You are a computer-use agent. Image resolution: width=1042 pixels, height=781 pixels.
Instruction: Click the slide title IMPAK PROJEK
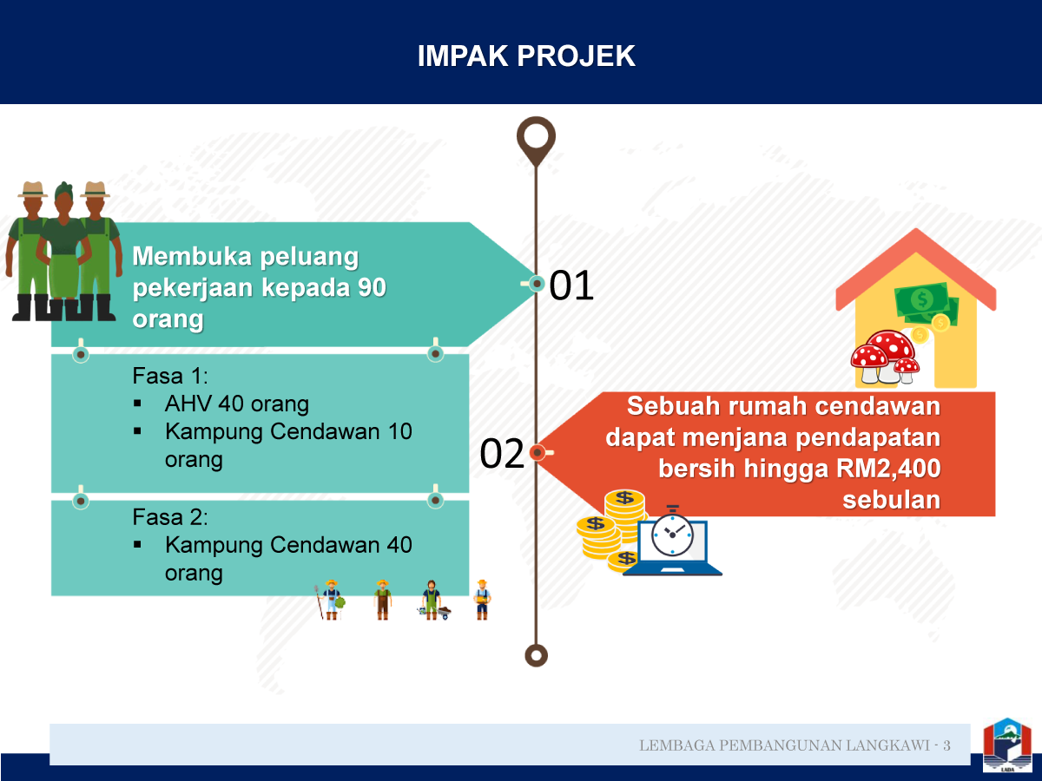526,56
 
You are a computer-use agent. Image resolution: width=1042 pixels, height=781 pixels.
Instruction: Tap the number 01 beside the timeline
571,285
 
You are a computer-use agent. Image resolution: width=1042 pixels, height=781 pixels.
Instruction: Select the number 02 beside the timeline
502,453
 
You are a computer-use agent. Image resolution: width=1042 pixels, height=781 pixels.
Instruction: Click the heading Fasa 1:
170,376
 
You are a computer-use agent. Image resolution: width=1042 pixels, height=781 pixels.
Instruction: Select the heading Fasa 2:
170,517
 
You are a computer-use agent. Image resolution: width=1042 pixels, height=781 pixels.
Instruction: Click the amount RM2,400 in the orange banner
888,469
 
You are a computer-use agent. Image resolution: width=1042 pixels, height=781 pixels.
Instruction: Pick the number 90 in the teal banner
373,287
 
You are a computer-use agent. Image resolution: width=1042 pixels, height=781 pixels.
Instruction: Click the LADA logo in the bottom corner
1007,745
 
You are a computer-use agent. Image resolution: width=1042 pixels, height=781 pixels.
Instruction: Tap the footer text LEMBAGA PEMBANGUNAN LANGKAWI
784,745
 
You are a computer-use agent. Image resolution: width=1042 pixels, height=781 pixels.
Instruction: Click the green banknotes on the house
926,304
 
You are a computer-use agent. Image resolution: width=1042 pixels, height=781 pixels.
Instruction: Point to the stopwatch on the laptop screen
672,532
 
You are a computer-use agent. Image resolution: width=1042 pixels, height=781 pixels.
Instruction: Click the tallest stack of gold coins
624,515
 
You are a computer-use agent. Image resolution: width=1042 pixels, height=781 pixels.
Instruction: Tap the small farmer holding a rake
331,600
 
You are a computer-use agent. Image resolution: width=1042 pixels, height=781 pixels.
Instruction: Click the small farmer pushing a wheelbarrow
434,601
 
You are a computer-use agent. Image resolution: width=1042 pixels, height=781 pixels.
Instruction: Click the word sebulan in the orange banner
892,500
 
